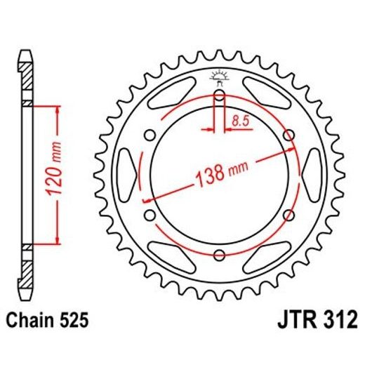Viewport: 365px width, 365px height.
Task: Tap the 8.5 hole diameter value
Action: click(x=241, y=121)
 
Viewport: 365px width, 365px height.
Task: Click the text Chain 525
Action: click(x=46, y=321)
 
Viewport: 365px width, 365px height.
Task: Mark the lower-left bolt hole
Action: click(x=150, y=215)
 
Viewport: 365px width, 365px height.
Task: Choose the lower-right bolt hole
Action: click(x=288, y=215)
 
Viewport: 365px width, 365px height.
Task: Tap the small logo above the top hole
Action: click(x=219, y=76)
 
